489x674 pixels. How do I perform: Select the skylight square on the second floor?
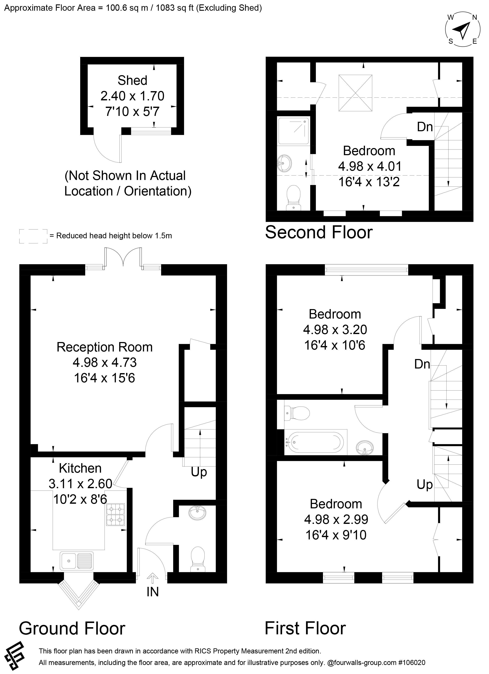click(x=355, y=93)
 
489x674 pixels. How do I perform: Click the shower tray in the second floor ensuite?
click(x=293, y=131)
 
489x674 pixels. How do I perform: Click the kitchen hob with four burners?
click(x=115, y=515)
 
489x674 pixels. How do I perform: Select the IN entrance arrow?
click(x=153, y=578)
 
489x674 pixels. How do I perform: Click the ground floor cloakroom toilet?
click(x=198, y=559)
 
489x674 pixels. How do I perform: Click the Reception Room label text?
click(x=105, y=347)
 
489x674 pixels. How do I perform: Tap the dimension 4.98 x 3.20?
click(x=335, y=330)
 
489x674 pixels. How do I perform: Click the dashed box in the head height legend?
click(x=33, y=236)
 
